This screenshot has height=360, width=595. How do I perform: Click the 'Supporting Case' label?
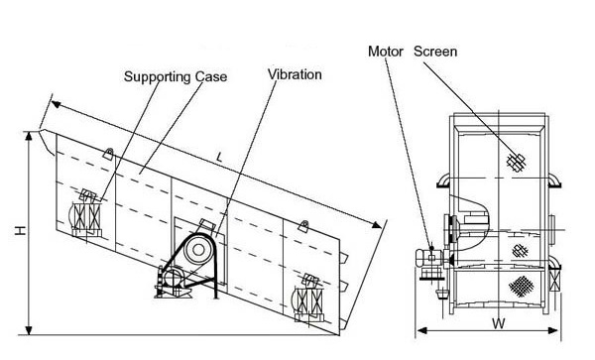pyautogui.click(x=176, y=76)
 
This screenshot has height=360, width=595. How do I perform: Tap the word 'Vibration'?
pyautogui.click(x=295, y=74)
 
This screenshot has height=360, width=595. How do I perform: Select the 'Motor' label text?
pyautogui.click(x=385, y=52)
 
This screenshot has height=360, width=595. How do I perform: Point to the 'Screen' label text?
pyautogui.click(x=435, y=52)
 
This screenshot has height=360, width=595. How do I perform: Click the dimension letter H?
pyautogui.click(x=21, y=230)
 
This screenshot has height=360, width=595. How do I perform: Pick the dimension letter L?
pyautogui.click(x=219, y=157)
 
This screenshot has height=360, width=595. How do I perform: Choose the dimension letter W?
pyautogui.click(x=499, y=323)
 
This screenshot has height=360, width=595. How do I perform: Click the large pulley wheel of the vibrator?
pyautogui.click(x=197, y=250)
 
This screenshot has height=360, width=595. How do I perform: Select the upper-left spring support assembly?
pyautogui.click(x=86, y=214)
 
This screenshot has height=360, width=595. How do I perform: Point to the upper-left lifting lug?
pyautogui.click(x=108, y=154)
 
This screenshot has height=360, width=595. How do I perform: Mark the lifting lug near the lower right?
pyautogui.click(x=303, y=226)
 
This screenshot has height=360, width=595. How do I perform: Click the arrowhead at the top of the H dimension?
pyautogui.click(x=29, y=136)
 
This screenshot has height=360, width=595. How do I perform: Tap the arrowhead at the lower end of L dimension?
pyautogui.click(x=377, y=225)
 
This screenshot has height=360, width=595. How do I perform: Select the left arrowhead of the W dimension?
pyautogui.click(x=421, y=330)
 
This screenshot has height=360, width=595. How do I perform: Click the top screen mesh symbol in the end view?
pyautogui.click(x=516, y=162)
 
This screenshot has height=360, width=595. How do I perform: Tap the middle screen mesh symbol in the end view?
pyautogui.click(x=520, y=251)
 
